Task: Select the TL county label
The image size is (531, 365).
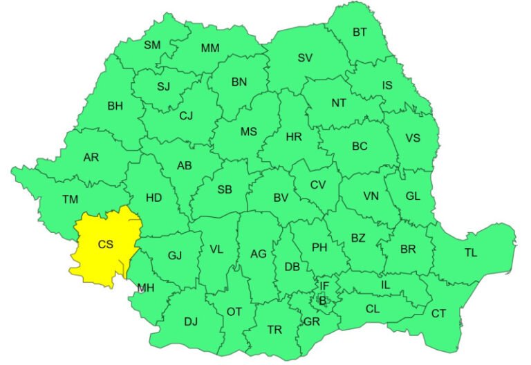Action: (471, 253)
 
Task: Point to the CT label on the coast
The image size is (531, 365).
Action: (438, 313)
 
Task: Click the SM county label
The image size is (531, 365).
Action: (152, 45)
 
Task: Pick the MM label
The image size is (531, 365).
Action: (209, 48)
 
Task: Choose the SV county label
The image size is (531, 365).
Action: (305, 57)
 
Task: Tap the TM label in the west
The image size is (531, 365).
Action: (70, 200)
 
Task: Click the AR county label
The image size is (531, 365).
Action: (91, 158)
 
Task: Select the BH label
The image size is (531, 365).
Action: (115, 106)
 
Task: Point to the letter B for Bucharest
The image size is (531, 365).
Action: (322, 300)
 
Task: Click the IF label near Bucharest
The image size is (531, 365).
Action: (324, 286)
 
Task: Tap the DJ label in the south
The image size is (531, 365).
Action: (191, 321)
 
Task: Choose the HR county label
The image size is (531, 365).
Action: (294, 138)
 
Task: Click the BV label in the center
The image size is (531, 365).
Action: (280, 198)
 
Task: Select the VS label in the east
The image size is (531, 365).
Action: (413, 138)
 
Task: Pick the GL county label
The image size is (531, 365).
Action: (413, 196)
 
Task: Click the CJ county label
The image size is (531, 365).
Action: (185, 115)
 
